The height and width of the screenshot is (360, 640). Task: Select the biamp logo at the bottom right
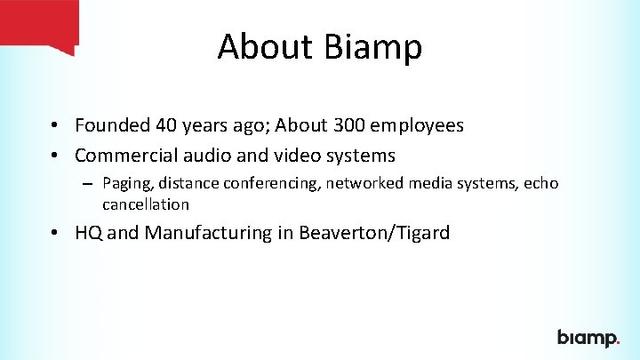click(x=588, y=338)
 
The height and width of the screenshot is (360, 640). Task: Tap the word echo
click(x=540, y=184)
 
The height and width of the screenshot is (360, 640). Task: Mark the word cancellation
click(x=146, y=204)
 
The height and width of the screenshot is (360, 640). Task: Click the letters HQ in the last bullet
click(x=89, y=233)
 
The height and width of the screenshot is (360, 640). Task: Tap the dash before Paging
click(x=90, y=184)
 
